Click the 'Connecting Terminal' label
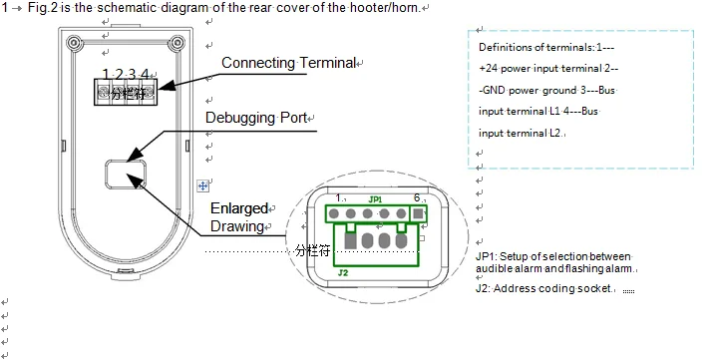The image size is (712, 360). click(x=288, y=63)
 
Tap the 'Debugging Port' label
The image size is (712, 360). click(x=256, y=118)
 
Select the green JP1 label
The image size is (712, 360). click(x=375, y=199)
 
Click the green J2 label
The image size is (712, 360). click(x=343, y=273)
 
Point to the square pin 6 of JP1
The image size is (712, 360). click(x=418, y=213)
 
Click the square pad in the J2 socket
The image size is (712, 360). click(x=350, y=240)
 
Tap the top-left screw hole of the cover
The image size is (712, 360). click(x=74, y=44)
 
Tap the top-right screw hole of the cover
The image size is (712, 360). click(x=177, y=44)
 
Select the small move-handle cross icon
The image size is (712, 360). click(x=202, y=185)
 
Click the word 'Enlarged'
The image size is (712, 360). click(x=239, y=208)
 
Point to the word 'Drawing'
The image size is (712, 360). click(x=237, y=226)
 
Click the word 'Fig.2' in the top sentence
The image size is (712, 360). click(x=43, y=7)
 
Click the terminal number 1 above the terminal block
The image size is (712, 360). click(x=106, y=74)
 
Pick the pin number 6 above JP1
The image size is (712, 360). click(x=417, y=197)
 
